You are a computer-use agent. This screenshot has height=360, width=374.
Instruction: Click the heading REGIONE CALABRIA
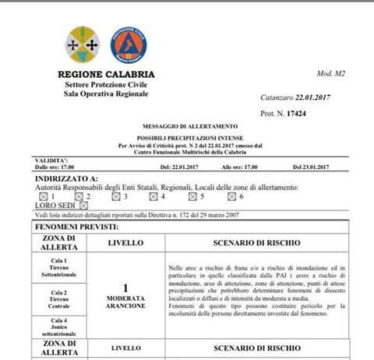point(106,75)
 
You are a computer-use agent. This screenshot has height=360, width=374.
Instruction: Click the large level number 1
point(126,288)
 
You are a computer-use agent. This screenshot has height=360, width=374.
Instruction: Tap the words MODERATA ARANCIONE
point(126,302)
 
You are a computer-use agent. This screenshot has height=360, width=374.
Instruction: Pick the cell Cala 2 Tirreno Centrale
point(60,298)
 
